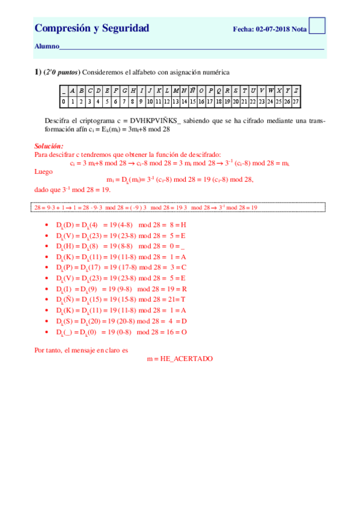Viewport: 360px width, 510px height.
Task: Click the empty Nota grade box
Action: [x=317, y=25]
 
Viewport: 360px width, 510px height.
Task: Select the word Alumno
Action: [x=46, y=46]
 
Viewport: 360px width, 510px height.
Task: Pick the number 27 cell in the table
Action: [x=296, y=102]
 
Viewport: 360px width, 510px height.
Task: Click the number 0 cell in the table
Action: [x=63, y=102]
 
